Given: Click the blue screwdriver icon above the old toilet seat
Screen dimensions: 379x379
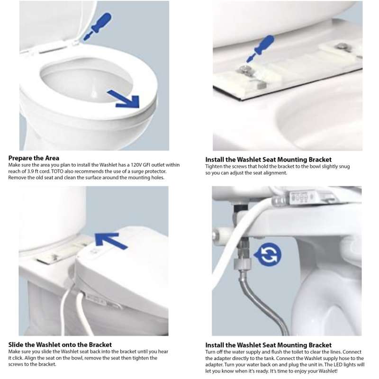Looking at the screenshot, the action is tap(98, 27).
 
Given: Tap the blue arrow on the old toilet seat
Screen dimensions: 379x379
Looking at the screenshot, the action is tap(125, 99).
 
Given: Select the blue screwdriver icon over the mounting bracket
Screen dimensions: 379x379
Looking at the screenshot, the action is tap(260, 49).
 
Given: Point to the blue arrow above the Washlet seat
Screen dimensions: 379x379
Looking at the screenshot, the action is tap(110, 240).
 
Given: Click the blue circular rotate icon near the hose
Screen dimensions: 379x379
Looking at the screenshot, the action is tap(268, 254).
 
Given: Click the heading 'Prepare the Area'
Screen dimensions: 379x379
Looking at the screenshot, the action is tap(34, 158).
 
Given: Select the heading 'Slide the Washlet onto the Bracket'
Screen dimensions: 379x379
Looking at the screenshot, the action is tap(60, 345).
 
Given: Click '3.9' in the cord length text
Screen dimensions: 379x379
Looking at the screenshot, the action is tap(31, 171).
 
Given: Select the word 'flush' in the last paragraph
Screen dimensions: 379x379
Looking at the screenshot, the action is tap(276, 352).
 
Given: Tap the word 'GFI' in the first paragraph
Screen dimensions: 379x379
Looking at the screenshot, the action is tap(148, 165).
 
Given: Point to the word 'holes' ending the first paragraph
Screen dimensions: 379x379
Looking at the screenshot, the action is tap(158, 178).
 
